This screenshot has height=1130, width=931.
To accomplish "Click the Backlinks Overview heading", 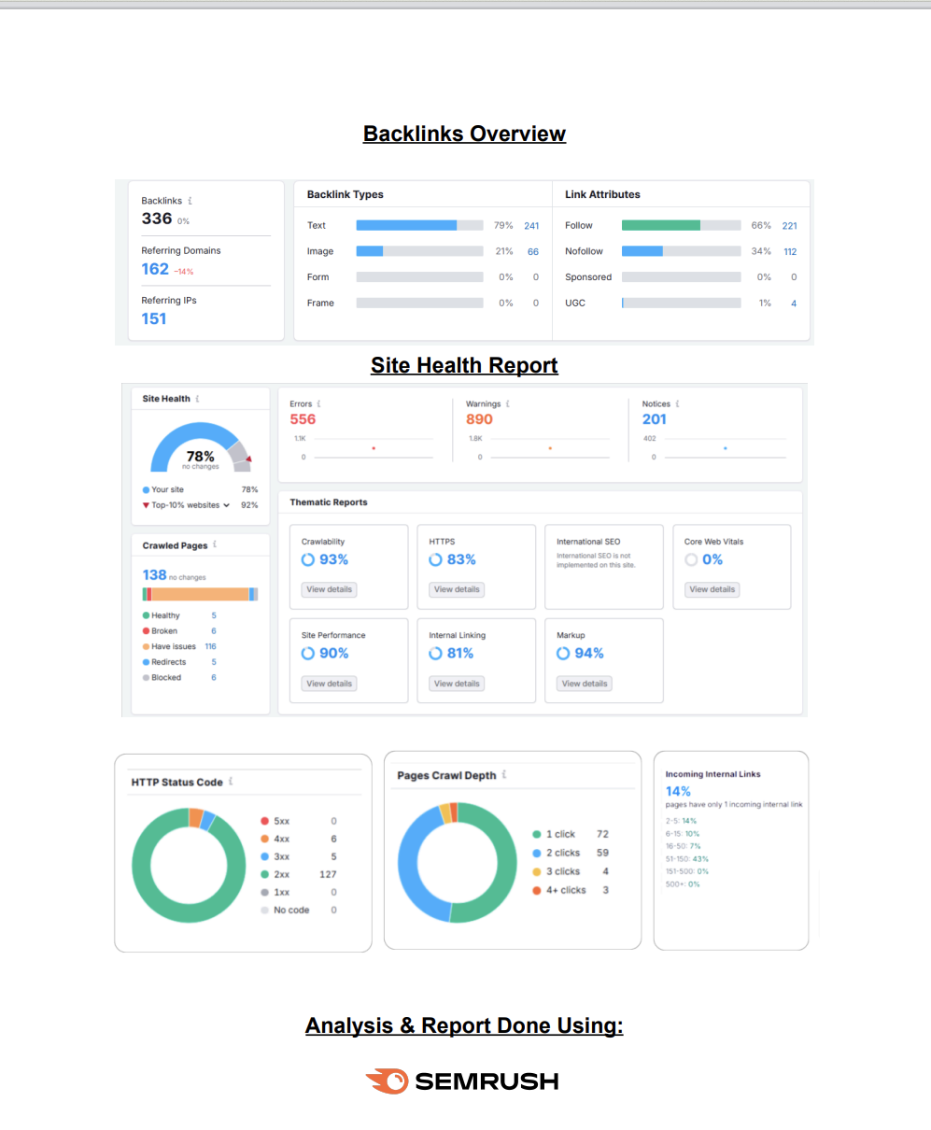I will pyautogui.click(x=464, y=134).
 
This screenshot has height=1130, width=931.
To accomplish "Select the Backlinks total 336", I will pyautogui.click(x=157, y=219).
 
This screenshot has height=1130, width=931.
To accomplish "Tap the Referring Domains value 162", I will pyautogui.click(x=155, y=269).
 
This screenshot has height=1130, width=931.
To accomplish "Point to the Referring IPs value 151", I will pyautogui.click(x=154, y=318).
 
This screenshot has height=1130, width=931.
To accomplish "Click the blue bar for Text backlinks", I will pyautogui.click(x=406, y=225).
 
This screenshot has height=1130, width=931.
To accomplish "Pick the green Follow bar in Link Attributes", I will pyautogui.click(x=660, y=225).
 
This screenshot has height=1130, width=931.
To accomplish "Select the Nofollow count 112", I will pyautogui.click(x=789, y=251).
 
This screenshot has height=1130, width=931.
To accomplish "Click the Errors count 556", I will pyautogui.click(x=303, y=419).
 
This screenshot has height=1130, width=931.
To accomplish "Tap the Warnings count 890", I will pyautogui.click(x=479, y=419).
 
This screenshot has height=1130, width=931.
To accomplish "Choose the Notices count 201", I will pyautogui.click(x=654, y=419).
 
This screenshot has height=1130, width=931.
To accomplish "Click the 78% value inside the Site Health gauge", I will pyautogui.click(x=201, y=457).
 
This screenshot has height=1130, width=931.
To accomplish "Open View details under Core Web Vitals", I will pyautogui.click(x=712, y=589).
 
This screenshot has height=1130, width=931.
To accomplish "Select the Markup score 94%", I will pyautogui.click(x=588, y=653).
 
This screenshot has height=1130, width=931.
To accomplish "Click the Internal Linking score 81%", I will pyautogui.click(x=459, y=653).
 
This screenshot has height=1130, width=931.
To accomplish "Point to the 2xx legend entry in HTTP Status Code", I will pyautogui.click(x=281, y=874).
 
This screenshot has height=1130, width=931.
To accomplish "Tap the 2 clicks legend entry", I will pyautogui.click(x=562, y=853).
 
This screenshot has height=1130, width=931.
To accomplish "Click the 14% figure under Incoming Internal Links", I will pyautogui.click(x=678, y=791).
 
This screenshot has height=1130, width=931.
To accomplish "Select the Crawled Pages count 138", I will pyautogui.click(x=154, y=574).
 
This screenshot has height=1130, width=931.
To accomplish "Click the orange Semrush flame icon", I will pyautogui.click(x=387, y=1081).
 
